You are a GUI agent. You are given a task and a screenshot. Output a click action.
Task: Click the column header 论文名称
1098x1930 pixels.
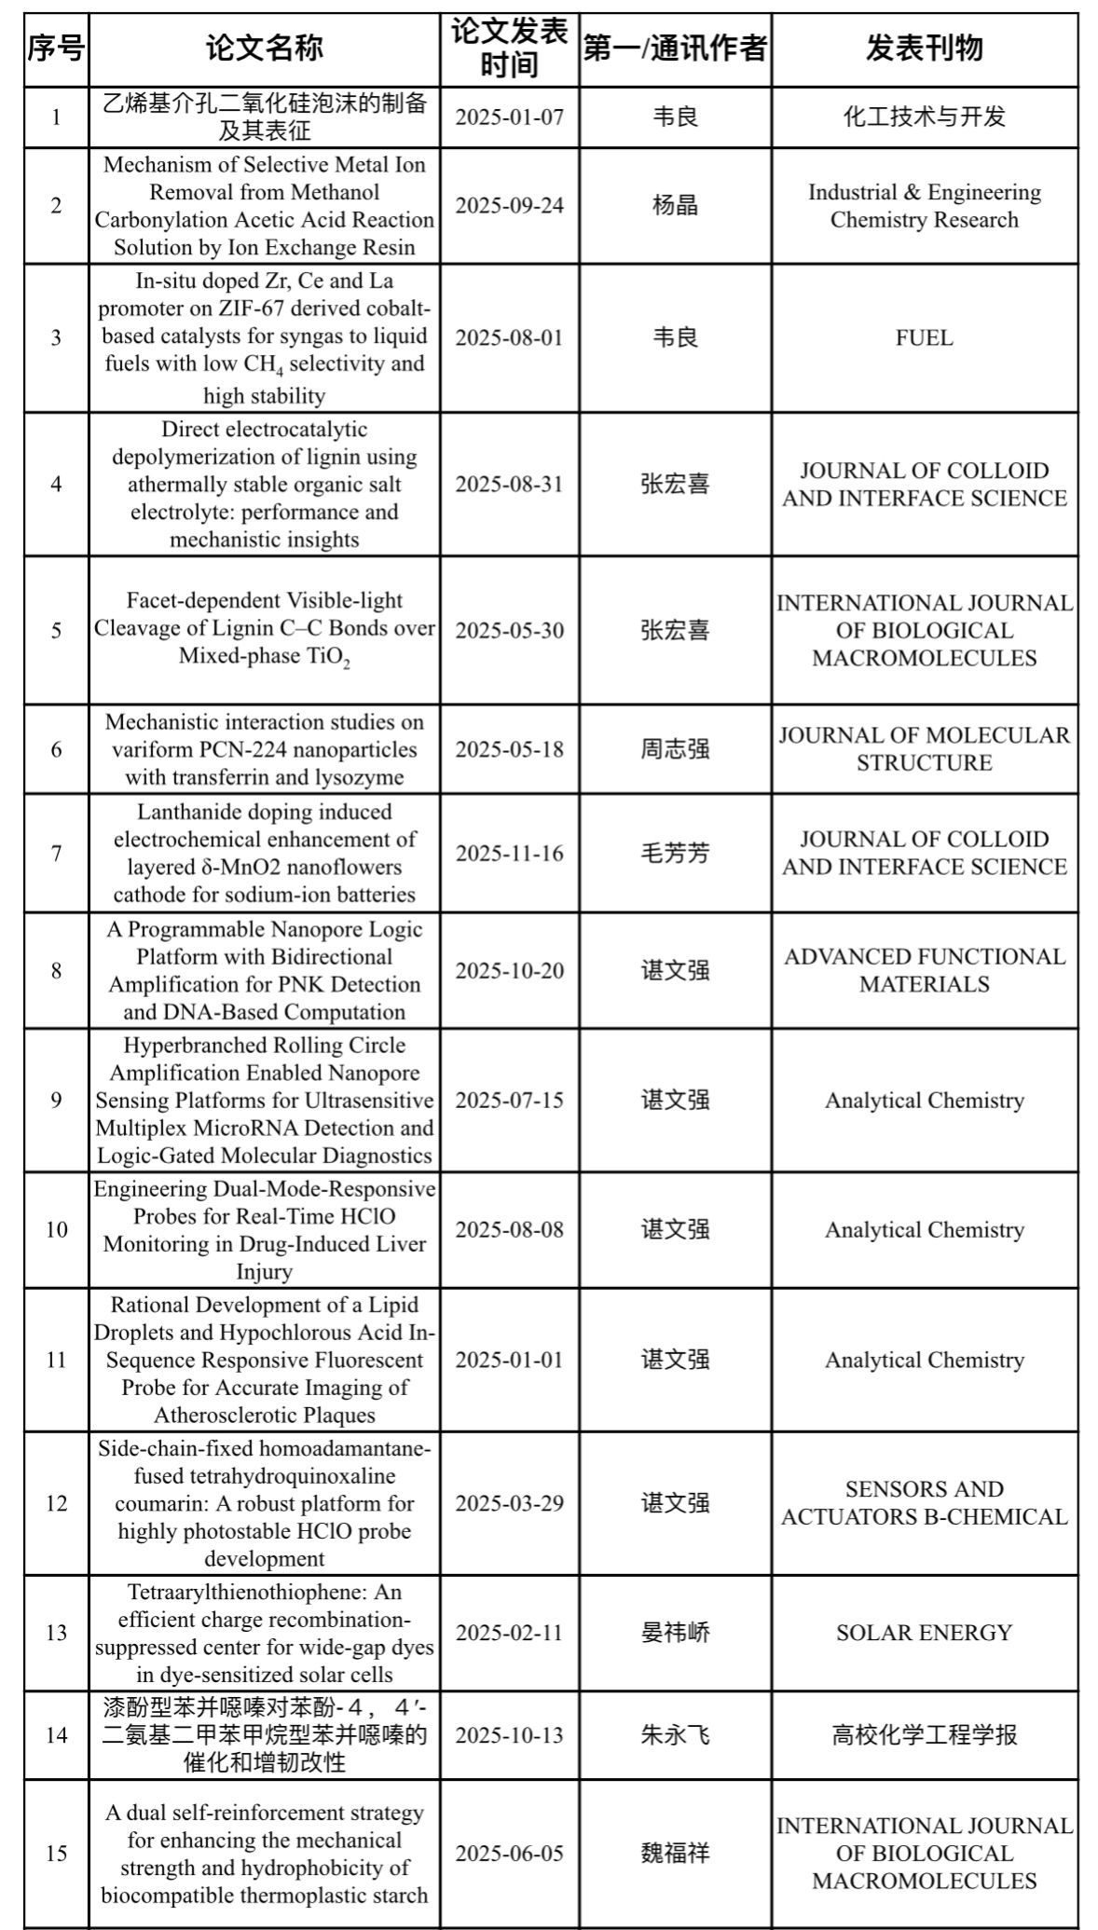[264, 48]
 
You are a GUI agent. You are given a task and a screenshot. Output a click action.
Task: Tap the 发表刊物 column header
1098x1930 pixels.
[924, 48]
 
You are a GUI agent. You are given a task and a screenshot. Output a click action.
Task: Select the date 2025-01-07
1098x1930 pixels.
[509, 116]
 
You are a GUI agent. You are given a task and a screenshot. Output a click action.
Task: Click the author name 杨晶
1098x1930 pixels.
[675, 205]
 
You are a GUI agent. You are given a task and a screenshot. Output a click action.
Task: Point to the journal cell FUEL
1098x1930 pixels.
[924, 337]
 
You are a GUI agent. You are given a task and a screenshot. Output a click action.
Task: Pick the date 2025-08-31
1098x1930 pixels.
[509, 484]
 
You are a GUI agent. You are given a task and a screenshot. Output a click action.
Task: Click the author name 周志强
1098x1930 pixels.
[675, 749]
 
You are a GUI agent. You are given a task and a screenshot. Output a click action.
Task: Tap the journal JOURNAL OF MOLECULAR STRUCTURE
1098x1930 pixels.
[924, 749]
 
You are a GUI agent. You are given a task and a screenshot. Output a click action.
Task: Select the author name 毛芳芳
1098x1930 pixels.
[675, 853]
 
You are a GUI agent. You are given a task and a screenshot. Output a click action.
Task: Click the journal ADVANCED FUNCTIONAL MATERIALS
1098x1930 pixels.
[924, 970]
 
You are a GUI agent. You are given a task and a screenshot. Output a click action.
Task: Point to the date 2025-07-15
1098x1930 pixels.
[509, 1100]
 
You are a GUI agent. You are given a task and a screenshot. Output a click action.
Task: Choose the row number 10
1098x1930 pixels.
[56, 1229]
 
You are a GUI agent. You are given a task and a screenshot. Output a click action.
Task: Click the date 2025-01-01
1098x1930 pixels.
[509, 1360]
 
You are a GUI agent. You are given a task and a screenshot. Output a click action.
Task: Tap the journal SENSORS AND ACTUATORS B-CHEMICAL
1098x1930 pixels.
[924, 1503]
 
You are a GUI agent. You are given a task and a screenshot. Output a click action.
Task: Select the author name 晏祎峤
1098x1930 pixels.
[675, 1633]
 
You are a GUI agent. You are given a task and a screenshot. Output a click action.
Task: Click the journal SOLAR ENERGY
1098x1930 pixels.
[924, 1633]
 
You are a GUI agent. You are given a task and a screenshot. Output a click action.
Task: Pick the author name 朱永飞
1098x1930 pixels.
[675, 1735]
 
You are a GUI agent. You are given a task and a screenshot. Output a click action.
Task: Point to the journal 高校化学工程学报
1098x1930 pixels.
[924, 1735]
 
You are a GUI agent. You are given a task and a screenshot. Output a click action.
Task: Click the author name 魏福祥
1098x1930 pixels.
[675, 1853]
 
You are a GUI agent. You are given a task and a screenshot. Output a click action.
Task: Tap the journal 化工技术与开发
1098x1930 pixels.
[924, 116]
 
